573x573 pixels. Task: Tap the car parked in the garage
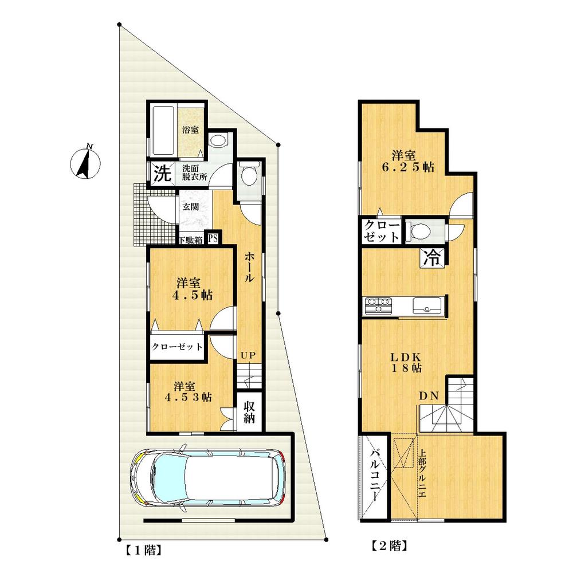(210, 474)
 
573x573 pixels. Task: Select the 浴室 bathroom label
(190, 130)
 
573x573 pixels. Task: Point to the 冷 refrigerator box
(434, 258)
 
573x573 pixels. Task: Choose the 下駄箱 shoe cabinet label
(191, 241)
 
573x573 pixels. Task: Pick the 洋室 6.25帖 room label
(412, 161)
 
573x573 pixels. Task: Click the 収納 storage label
(250, 411)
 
